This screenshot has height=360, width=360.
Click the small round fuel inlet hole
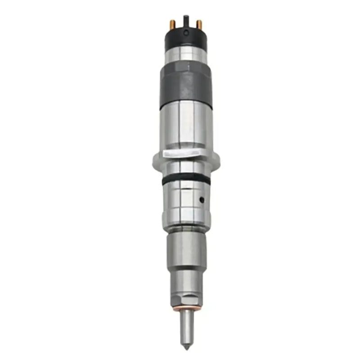click(x=202, y=198)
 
